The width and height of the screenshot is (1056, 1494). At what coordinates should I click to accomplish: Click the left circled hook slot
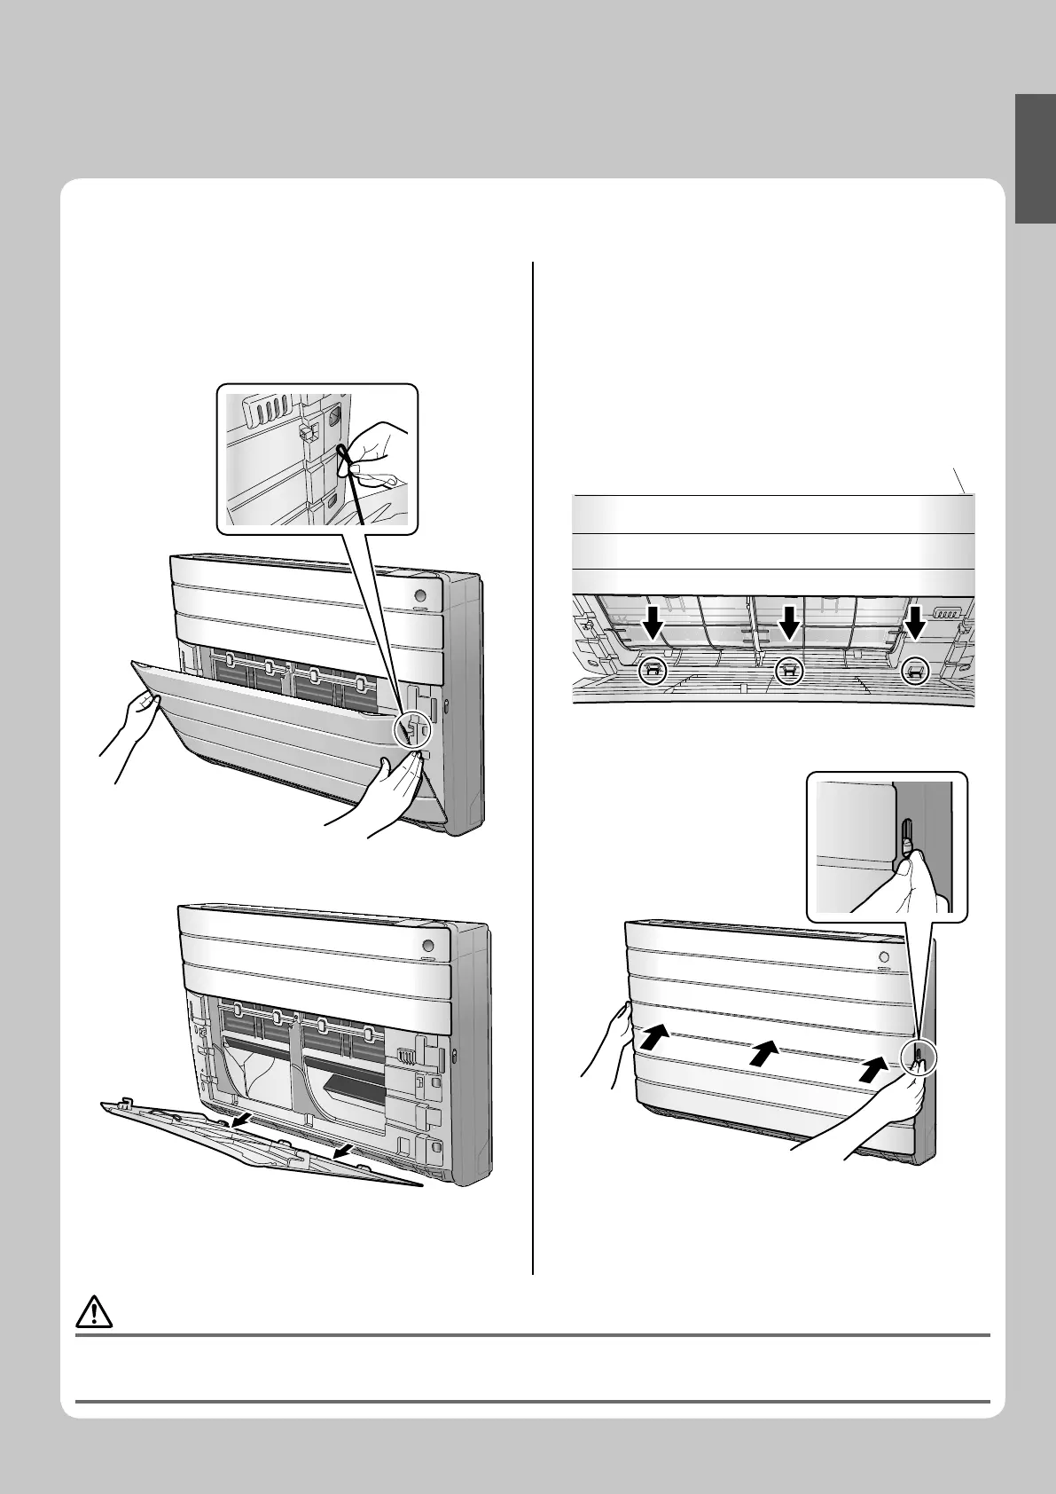coord(653,671)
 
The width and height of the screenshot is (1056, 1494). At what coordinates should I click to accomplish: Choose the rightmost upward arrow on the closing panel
coord(874,1069)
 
